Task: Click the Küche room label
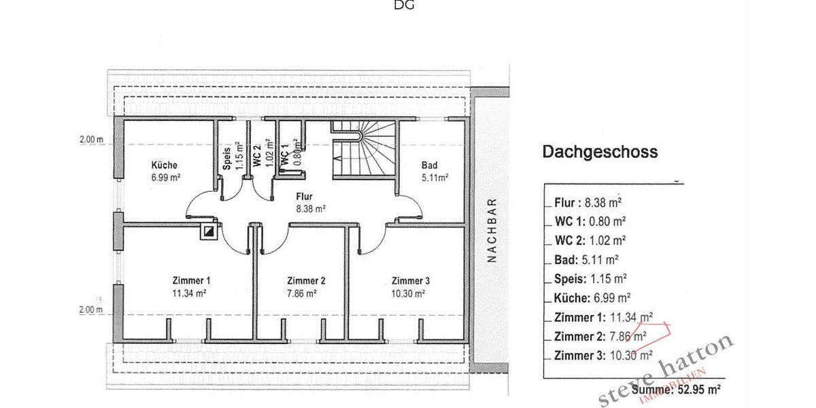[x=165, y=166]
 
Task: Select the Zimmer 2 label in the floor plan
[x=306, y=281]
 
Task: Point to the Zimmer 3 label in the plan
[x=410, y=281]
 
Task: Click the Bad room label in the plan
[x=429, y=166]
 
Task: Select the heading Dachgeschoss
[x=600, y=152]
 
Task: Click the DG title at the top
[x=404, y=6]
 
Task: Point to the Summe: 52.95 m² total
[x=676, y=390]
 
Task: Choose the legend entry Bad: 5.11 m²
[x=586, y=259]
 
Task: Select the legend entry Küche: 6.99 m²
[x=592, y=297]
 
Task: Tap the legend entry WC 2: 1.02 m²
[x=590, y=240]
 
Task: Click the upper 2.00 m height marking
[x=90, y=140]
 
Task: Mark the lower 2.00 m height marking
[x=90, y=310]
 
